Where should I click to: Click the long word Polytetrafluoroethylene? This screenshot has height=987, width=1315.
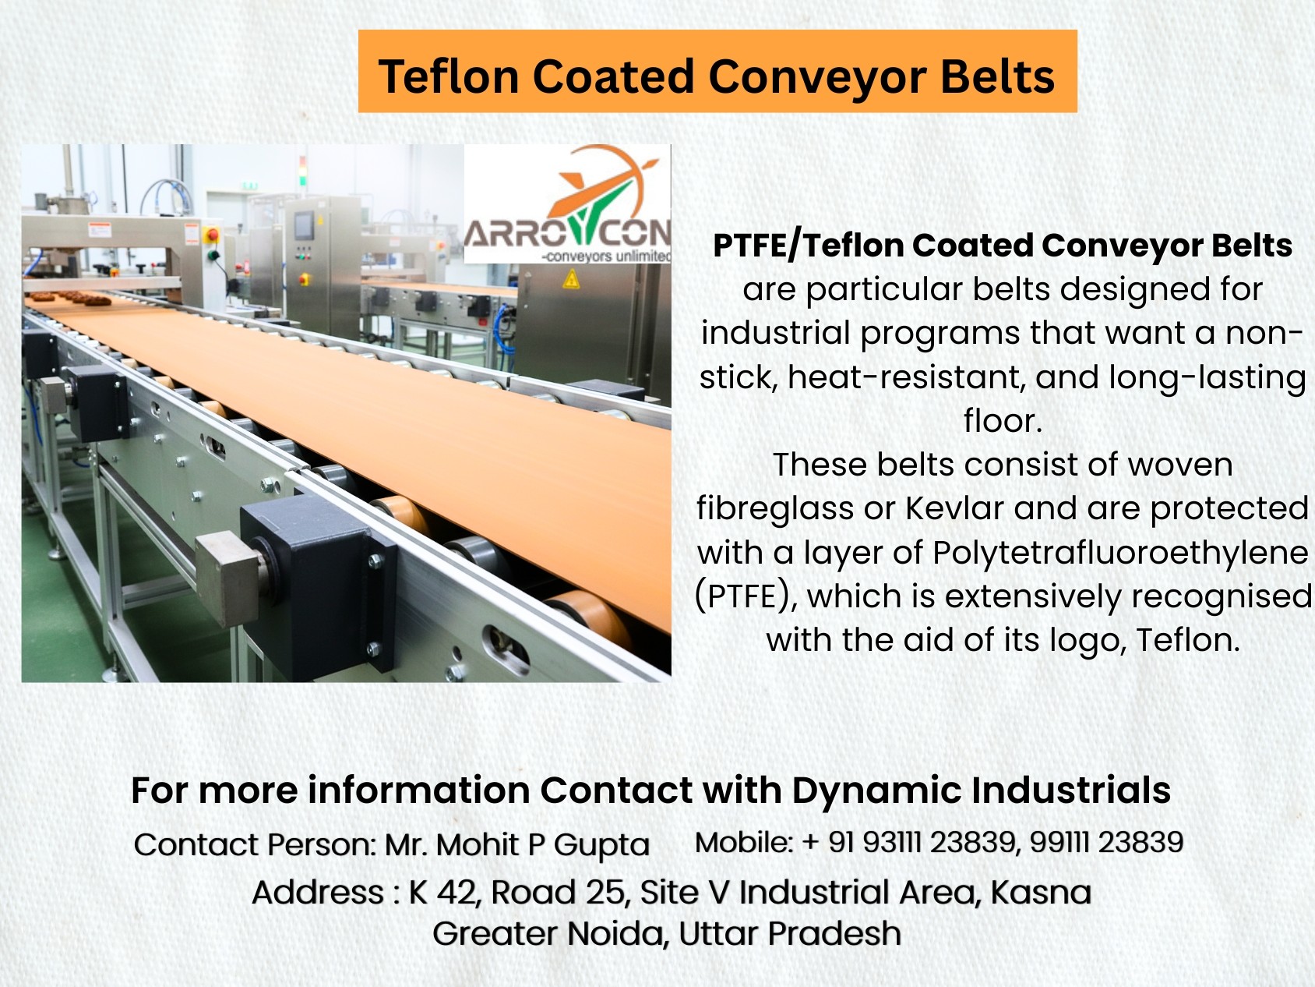pyautogui.click(x=1120, y=553)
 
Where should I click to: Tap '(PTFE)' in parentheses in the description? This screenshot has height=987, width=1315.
pyautogui.click(x=746, y=596)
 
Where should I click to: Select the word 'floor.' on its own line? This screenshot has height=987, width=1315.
pyautogui.click(x=1003, y=421)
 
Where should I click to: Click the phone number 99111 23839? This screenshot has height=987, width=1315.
pyautogui.click(x=1106, y=842)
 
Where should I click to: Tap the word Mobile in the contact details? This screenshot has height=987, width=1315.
pyautogui.click(x=743, y=842)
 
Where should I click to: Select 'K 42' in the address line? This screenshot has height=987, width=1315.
pyautogui.click(x=442, y=893)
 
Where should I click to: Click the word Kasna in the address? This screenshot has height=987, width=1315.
pyautogui.click(x=1041, y=892)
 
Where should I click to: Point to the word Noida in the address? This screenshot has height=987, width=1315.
pyautogui.click(x=615, y=933)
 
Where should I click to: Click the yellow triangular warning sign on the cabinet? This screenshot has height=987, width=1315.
pyautogui.click(x=571, y=279)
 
